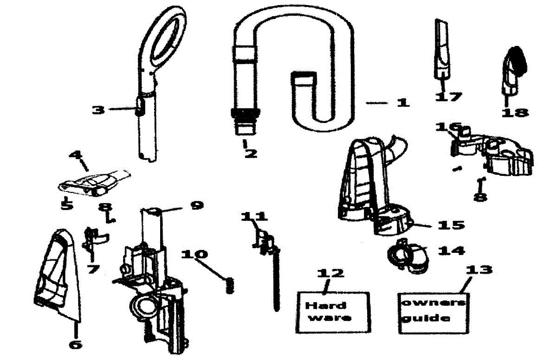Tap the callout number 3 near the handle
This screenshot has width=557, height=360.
(x=98, y=110)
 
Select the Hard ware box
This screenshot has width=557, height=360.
(x=332, y=312)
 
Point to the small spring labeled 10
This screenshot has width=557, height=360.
(x=229, y=285)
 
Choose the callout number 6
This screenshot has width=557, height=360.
(x=75, y=344)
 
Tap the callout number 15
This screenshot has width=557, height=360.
(x=451, y=225)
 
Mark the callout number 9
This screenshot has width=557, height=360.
(x=196, y=205)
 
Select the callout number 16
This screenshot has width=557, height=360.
(x=449, y=127)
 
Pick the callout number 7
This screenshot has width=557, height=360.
(x=94, y=269)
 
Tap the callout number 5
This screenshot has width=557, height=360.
(x=67, y=205)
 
